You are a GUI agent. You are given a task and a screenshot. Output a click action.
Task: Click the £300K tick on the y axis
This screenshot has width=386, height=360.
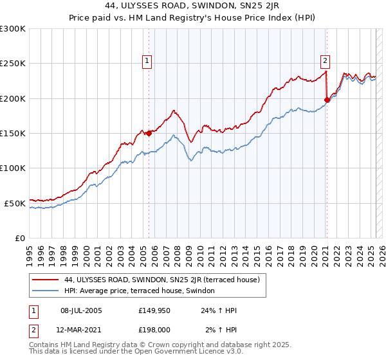point(13,29)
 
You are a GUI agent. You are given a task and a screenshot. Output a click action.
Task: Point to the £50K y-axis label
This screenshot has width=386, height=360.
point(15,203)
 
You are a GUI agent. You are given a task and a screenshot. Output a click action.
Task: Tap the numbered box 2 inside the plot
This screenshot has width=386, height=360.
point(325,61)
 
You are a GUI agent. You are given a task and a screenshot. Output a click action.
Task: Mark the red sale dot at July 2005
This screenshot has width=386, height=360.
point(149,133)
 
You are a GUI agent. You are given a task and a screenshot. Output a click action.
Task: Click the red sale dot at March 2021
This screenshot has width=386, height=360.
point(327,100)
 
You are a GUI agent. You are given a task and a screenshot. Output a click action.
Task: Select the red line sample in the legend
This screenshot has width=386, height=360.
point(44,280)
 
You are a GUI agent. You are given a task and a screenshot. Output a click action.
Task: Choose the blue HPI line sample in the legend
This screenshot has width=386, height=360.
point(44,291)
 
